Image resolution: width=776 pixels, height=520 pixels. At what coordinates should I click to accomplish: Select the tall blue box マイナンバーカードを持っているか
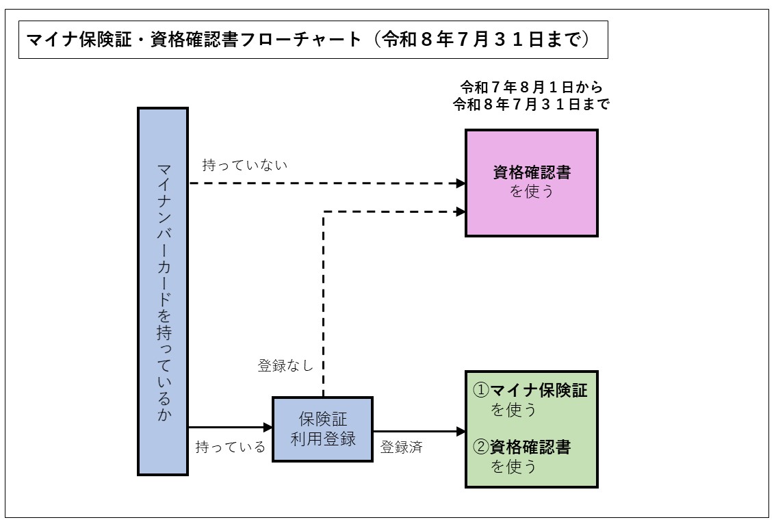163,291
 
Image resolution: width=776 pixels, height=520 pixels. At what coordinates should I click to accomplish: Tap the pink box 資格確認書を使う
532,183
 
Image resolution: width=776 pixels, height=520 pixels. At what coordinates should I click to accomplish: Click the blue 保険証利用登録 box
322,429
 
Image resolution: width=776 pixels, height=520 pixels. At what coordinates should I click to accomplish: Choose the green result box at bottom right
532,429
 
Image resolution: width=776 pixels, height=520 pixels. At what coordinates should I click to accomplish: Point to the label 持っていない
245,166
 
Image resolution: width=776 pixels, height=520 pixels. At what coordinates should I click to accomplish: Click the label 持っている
230,447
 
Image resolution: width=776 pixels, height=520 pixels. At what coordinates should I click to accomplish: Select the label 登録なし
285,365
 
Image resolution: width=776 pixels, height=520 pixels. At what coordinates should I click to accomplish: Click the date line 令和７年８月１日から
531,88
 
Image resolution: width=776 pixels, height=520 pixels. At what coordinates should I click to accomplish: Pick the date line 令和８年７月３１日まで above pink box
531,105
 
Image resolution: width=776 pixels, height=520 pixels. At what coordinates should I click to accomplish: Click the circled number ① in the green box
481,391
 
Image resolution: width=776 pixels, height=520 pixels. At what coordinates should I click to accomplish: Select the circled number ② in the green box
481,447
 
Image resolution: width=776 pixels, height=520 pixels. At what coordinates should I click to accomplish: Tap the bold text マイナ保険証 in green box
539,391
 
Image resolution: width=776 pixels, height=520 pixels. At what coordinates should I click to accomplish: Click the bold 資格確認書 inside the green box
530,447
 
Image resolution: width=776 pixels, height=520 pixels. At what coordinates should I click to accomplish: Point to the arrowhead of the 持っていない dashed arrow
461,183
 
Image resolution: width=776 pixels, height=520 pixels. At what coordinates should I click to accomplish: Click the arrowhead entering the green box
461,431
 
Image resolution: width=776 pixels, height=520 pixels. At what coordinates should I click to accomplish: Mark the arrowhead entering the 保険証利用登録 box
268,428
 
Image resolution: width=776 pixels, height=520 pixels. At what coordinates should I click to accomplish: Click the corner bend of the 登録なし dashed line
323,212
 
